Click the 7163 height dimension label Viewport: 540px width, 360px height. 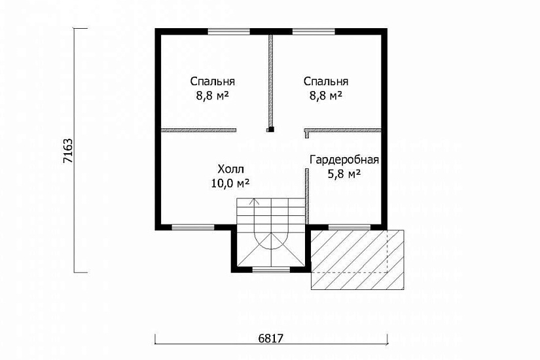click(x=68, y=151)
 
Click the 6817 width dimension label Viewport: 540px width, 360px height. click(x=271, y=338)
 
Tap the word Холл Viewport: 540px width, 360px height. click(x=231, y=169)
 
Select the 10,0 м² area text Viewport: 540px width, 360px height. click(x=230, y=183)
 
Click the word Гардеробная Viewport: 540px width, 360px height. click(x=344, y=160)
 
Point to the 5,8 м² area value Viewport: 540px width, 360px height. click(x=344, y=174)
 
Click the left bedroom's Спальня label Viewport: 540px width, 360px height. click(x=213, y=82)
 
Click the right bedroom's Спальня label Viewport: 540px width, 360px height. click(x=326, y=82)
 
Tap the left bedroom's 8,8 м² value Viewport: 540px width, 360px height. click(x=213, y=96)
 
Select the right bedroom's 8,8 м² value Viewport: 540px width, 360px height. click(x=326, y=96)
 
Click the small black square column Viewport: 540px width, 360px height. click(x=271, y=130)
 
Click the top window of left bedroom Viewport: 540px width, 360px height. click(x=228, y=31)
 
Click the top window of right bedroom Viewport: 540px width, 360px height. click(x=314, y=31)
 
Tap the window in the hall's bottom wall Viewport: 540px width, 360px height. click(x=193, y=227)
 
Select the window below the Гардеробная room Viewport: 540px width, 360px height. click(x=350, y=227)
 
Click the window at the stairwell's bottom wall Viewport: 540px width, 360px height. click(x=272, y=270)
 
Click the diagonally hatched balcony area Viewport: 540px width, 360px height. click(x=357, y=260)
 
